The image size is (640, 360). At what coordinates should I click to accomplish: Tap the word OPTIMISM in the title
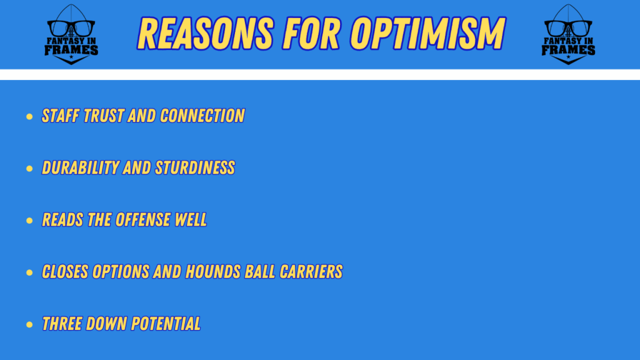pyautogui.click(x=428, y=34)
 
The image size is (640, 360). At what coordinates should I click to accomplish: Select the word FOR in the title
pyautogui.click(x=311, y=34)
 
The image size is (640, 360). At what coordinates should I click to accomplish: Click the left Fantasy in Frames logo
pyautogui.click(x=71, y=34)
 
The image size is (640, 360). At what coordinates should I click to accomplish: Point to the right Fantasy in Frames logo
pyautogui.click(x=568, y=34)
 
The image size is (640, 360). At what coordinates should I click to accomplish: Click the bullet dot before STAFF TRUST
pyautogui.click(x=29, y=117)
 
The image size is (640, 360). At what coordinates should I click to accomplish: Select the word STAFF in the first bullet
pyautogui.click(x=61, y=116)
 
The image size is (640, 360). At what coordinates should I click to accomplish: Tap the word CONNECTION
pyautogui.click(x=202, y=116)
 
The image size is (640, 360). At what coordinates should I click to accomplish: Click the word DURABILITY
pyautogui.click(x=81, y=167)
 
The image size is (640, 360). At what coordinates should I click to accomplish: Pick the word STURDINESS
pyautogui.click(x=195, y=167)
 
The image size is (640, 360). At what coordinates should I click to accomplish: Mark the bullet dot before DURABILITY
pyautogui.click(x=29, y=169)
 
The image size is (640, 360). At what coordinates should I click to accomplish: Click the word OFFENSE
pyautogui.click(x=143, y=219)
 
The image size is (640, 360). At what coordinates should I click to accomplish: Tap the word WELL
pyautogui.click(x=191, y=219)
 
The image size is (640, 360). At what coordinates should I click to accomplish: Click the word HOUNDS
pyautogui.click(x=212, y=272)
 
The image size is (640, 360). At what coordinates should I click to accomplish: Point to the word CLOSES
pyautogui.click(x=65, y=272)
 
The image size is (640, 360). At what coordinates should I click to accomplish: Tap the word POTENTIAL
pyautogui.click(x=166, y=324)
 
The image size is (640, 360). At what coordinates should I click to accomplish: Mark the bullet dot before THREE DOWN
pyautogui.click(x=29, y=324)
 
